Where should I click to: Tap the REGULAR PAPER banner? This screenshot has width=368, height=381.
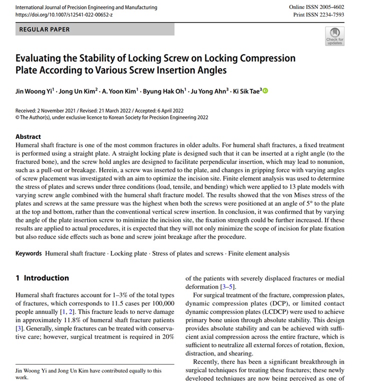94,29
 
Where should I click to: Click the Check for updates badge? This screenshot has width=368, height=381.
334,36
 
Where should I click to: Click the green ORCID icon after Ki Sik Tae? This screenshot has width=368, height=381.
265,90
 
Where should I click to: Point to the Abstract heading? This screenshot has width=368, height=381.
28,136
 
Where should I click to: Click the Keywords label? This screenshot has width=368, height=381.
28,253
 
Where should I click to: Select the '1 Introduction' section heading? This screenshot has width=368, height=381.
42,278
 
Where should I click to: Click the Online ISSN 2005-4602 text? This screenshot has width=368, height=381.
317,7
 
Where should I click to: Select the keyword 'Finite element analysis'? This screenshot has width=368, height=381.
258,253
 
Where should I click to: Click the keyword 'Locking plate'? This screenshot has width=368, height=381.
128,253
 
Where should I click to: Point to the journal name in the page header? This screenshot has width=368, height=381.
86,7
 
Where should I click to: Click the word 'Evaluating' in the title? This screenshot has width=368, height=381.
41,58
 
